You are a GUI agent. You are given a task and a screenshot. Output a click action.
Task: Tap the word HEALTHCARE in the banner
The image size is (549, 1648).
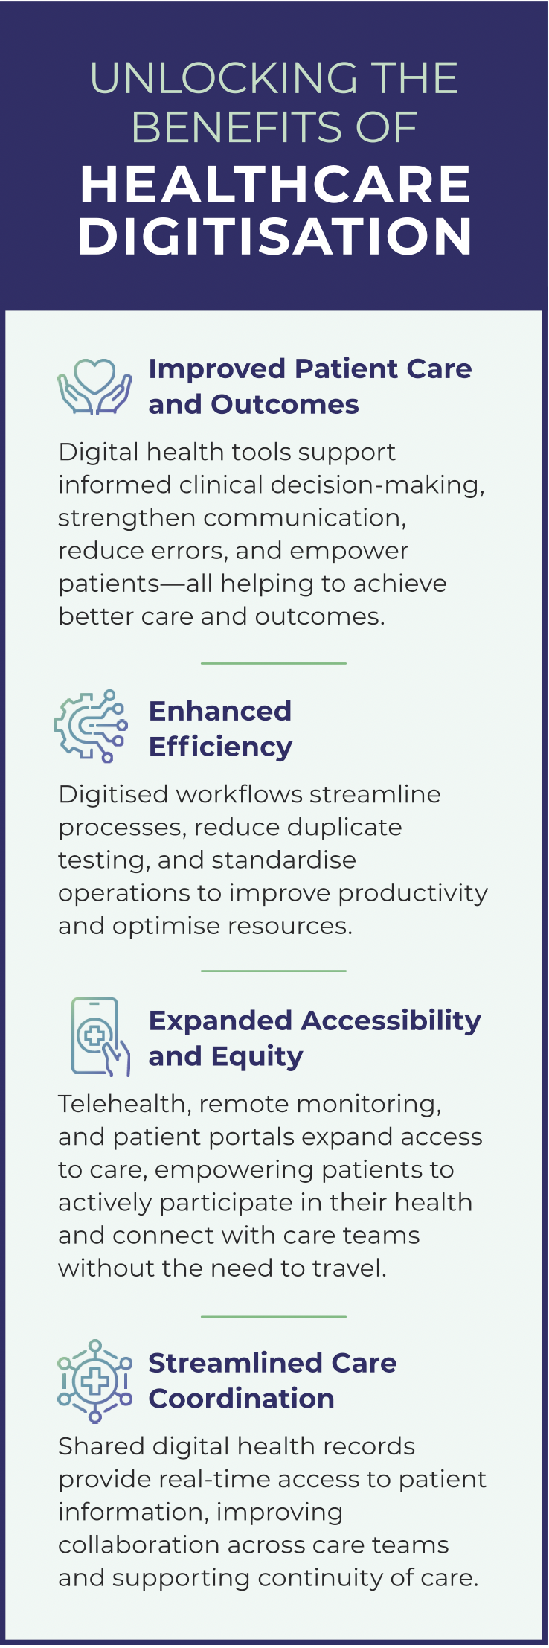pyautogui.click(x=275, y=185)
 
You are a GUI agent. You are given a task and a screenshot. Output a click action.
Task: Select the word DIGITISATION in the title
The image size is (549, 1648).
pyautogui.click(x=275, y=236)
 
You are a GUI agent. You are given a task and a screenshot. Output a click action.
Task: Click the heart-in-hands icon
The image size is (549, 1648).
pyautogui.click(x=94, y=386)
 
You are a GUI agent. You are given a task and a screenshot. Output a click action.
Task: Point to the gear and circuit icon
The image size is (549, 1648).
pyautogui.click(x=91, y=726)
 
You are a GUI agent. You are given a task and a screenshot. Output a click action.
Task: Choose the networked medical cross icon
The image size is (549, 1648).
pyautogui.click(x=94, y=1381)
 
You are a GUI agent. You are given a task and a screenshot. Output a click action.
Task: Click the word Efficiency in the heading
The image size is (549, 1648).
pyautogui.click(x=220, y=747)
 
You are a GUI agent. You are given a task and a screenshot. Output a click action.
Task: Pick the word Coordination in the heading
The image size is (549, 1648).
pyautogui.click(x=241, y=1399)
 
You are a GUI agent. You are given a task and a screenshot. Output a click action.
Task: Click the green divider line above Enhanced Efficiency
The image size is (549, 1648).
pyautogui.click(x=274, y=662)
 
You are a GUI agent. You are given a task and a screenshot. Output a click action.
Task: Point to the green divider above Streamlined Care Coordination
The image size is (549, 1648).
pyautogui.click(x=274, y=1316)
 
